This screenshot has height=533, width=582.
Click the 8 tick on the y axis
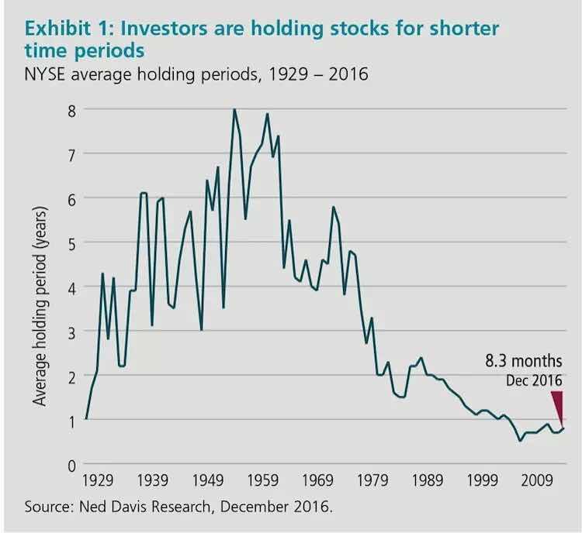pyautogui.click(x=71, y=109)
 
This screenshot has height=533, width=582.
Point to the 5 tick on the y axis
pyautogui.click(x=71, y=242)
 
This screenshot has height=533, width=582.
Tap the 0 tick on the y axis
pyautogui.click(x=71, y=465)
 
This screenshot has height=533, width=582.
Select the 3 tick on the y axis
pyautogui.click(x=71, y=332)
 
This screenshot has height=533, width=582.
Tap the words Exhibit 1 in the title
pyautogui.click(x=69, y=29)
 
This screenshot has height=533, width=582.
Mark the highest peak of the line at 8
pyautogui.click(x=234, y=110)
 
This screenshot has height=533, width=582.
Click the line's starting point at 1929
pyautogui.click(x=85, y=419)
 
